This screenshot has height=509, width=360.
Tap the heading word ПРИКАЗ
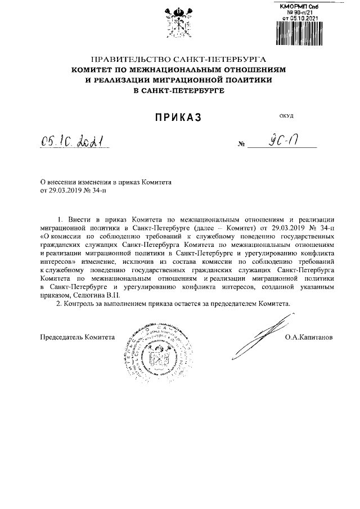(x=178, y=117)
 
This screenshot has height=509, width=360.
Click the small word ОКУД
(x=286, y=116)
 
